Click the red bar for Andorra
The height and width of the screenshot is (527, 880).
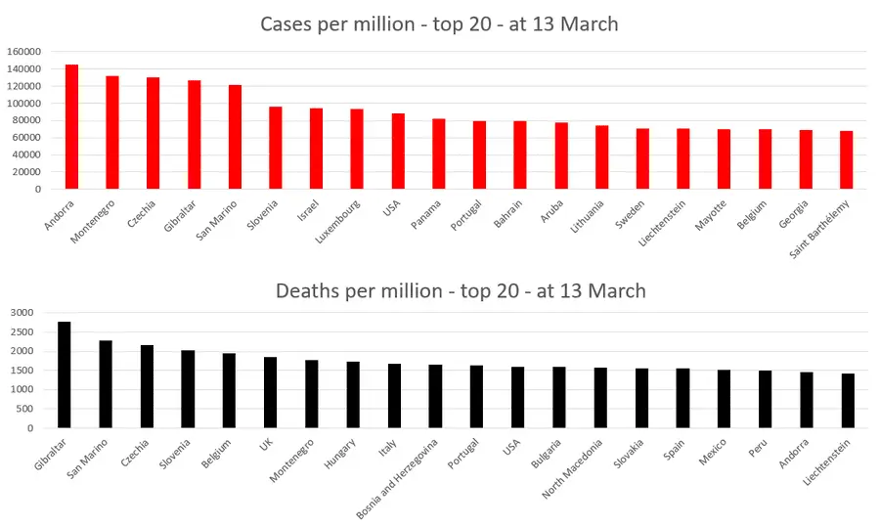click(71, 127)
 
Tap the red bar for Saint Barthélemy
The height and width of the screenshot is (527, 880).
click(846, 160)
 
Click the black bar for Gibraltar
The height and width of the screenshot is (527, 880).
click(65, 374)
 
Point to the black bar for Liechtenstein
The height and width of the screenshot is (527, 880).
click(848, 401)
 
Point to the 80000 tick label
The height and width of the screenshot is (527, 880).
click(24, 120)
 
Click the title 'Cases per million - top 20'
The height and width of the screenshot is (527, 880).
click(439, 23)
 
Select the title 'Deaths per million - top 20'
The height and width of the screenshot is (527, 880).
click(461, 290)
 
